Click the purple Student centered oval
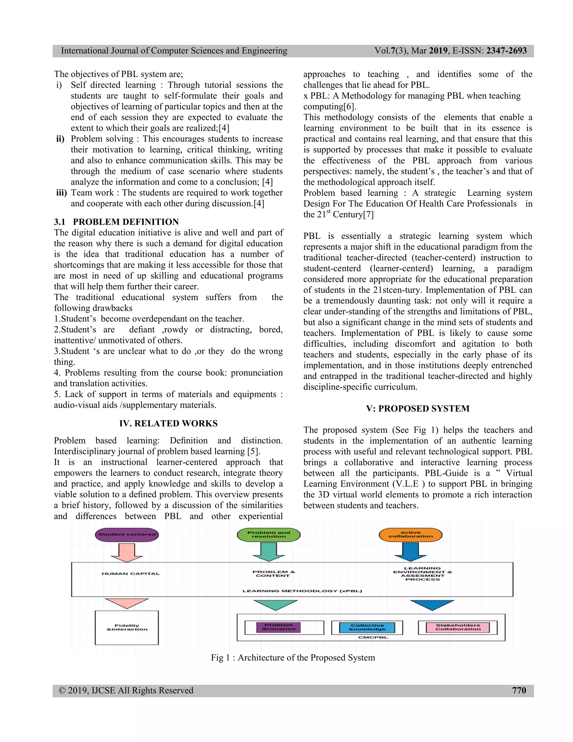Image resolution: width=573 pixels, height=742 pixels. pyautogui.click(x=127, y=535)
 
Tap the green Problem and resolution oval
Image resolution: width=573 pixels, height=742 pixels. pyautogui.click(x=269, y=535)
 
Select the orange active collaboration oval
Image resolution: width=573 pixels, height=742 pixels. pyautogui.click(x=410, y=535)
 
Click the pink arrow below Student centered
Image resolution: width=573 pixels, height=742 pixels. pyautogui.click(x=127, y=552)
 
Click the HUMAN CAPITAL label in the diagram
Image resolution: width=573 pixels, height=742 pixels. pyautogui.click(x=131, y=574)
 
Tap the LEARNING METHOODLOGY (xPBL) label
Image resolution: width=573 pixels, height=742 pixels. pyautogui.click(x=302, y=591)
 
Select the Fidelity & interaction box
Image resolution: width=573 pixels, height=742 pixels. pyautogui.click(x=127, y=627)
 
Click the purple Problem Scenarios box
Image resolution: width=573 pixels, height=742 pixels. pyautogui.click(x=278, y=627)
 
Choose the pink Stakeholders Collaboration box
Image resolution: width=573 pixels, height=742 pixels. pyautogui.click(x=458, y=627)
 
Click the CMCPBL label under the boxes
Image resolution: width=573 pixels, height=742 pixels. pyautogui.click(x=373, y=637)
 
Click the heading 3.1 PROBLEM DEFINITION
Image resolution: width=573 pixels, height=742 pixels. pyautogui.click(x=116, y=222)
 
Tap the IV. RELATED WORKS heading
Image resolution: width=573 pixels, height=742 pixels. pyautogui.click(x=168, y=423)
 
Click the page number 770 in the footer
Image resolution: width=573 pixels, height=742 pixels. pyautogui.click(x=519, y=690)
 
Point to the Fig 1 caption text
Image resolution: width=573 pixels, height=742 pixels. pyautogui.click(x=293, y=657)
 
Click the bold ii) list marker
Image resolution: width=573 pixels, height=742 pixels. pyautogui.click(x=60, y=139)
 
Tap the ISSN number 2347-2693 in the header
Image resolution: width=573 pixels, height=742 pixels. pyautogui.click(x=506, y=51)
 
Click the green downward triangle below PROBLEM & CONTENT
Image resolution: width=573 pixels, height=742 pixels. pyautogui.click(x=275, y=605)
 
